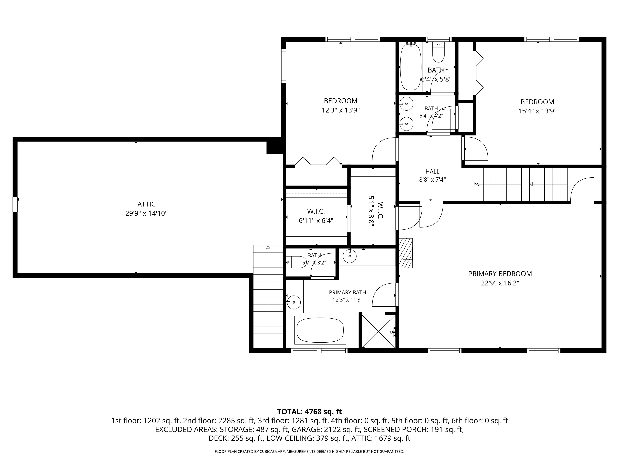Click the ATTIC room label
point(146,204)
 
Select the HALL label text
point(432,171)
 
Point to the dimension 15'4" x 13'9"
point(537,111)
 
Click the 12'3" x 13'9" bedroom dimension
point(341,110)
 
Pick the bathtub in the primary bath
point(320,330)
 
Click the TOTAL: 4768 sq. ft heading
point(309,412)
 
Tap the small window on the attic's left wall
point(15,204)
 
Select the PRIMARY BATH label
point(347,293)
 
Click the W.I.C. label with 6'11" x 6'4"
point(316,216)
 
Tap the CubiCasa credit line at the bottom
point(309,452)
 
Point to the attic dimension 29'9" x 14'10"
point(146,214)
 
